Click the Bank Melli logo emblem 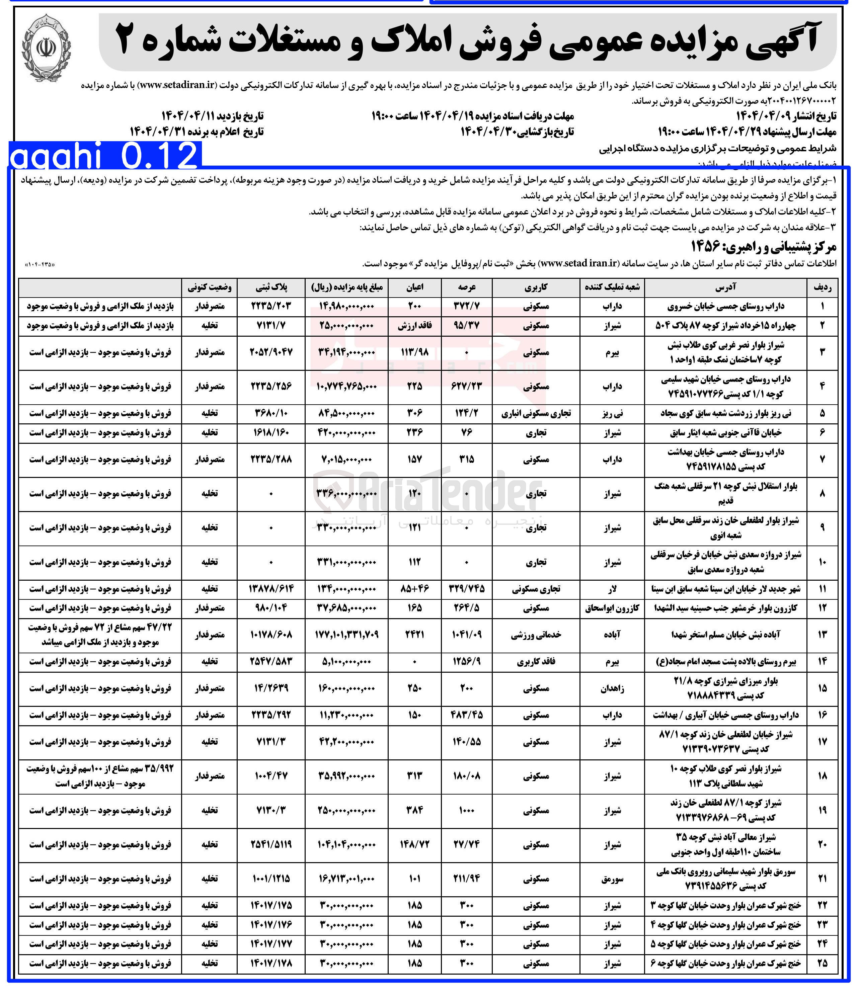click(47, 50)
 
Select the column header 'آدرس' click(725, 287)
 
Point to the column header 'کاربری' click(536, 287)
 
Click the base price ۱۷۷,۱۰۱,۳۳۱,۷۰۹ click(346, 635)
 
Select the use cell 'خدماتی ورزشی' click(536, 635)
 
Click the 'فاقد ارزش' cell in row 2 click(414, 326)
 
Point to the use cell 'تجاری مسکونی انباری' click(536, 413)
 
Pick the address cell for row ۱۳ click(725, 635)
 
